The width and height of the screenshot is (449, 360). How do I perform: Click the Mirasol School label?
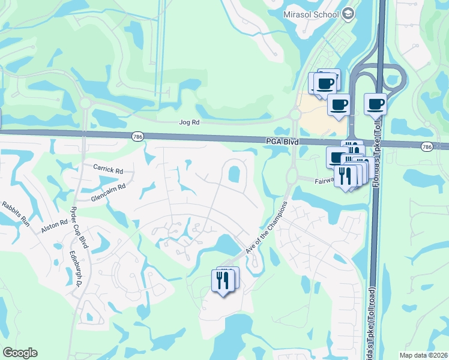click(311, 13)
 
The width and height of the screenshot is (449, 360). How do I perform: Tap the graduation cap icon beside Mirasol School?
click(348, 14)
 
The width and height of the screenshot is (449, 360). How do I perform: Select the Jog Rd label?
click(188, 122)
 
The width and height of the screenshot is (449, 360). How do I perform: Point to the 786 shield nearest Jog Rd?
click(137, 137)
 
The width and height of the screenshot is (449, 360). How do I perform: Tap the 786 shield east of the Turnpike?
click(426, 146)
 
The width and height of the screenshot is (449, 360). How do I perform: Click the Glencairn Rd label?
click(108, 188)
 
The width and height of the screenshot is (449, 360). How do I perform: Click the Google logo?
click(20, 353)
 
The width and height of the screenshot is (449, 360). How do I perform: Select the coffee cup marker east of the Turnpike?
click(375, 104)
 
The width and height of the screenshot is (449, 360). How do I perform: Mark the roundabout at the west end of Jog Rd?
click(85, 103)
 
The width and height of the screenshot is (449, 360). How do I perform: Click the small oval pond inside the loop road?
click(234, 175)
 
